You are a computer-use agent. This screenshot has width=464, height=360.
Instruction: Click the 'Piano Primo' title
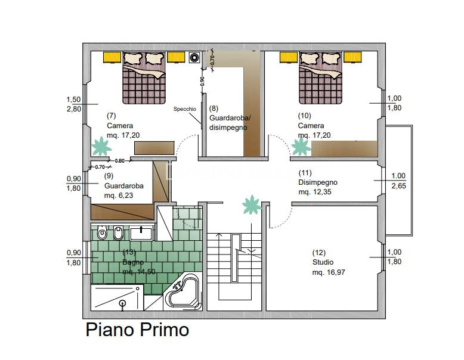coord(138,330)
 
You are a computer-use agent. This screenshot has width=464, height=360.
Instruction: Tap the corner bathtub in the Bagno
coord(184,293)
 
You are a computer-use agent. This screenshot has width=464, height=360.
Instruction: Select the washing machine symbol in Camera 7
coord(194,58)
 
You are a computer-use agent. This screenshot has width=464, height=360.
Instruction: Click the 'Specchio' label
coord(184,109)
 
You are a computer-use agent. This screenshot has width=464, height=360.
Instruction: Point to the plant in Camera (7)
coord(101,146)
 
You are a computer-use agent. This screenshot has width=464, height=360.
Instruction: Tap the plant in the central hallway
coord(252,205)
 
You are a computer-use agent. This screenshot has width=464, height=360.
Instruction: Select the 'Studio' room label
coord(323,262)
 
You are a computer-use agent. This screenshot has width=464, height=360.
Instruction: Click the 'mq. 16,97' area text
coord(329,272)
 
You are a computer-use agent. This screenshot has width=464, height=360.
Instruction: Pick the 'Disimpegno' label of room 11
coord(318,182)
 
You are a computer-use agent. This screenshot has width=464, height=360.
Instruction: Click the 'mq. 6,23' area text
coord(120,195)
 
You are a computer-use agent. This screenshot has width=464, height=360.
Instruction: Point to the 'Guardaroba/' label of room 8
coord(230,118)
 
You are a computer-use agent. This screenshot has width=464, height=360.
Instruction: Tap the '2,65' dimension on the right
coord(398,187)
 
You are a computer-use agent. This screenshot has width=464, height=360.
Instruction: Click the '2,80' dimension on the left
coord(74,109)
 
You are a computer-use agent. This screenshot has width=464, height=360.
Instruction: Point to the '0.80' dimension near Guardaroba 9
coord(120,160)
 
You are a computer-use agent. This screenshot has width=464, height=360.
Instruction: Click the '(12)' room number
coord(319,252)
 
